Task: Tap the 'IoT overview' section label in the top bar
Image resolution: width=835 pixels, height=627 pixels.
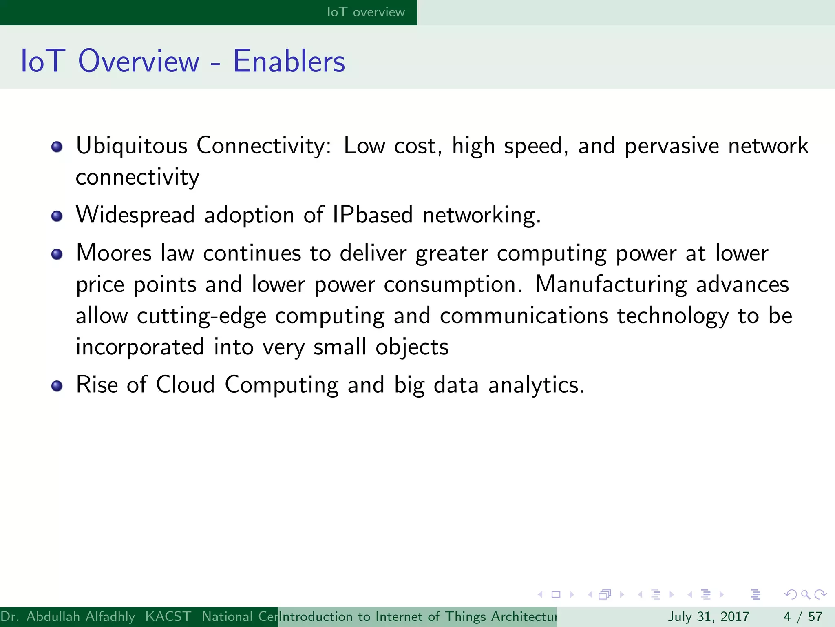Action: [366, 12]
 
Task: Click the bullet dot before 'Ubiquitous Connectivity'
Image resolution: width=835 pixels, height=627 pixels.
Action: [57, 147]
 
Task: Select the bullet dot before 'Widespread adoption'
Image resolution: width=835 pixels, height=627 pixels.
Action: [57, 216]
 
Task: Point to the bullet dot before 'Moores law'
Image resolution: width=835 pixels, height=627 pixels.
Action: [57, 254]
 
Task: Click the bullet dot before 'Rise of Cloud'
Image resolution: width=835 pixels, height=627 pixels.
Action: [57, 386]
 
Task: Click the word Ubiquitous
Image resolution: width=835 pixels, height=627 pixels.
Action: [132, 146]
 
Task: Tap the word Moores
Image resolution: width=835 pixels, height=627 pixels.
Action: [114, 253]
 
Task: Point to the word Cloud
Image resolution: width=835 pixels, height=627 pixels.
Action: [185, 385]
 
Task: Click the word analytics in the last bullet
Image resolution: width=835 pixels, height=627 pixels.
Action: [536, 385]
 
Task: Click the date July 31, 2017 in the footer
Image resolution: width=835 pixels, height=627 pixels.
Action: [708, 616]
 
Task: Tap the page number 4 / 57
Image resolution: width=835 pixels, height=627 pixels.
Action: [803, 616]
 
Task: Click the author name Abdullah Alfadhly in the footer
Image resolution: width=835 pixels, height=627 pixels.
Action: [80, 616]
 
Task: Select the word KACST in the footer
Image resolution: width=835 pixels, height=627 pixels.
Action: [168, 616]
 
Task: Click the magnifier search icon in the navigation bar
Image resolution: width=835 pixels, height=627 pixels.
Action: [806, 595]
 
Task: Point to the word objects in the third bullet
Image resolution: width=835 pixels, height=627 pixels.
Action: [412, 347]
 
